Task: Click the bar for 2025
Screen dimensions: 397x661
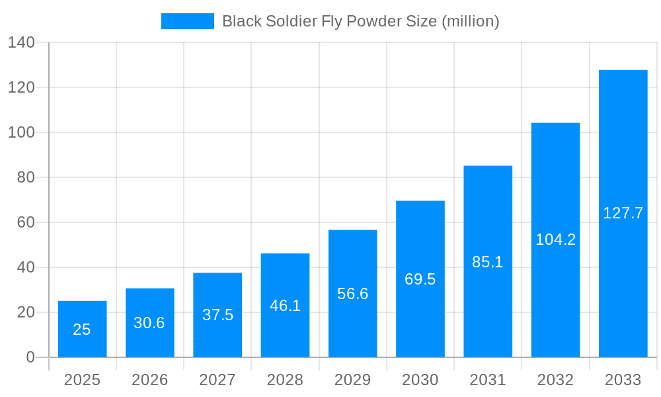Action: click(82, 329)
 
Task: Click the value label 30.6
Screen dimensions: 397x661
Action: click(149, 323)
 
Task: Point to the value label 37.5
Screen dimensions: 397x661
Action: click(217, 315)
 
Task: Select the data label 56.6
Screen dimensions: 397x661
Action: click(352, 294)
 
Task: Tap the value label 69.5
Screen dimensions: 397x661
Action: click(420, 279)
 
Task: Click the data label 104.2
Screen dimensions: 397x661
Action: click(555, 240)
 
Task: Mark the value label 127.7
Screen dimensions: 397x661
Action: click(623, 213)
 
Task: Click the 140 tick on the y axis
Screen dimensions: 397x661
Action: click(21, 42)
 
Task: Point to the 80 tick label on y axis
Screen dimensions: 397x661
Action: click(26, 177)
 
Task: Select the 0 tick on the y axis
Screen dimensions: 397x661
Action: click(30, 357)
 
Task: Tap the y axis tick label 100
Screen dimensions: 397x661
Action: click(21, 132)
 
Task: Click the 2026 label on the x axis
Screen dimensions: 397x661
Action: click(149, 380)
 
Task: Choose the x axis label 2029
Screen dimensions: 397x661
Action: click(352, 380)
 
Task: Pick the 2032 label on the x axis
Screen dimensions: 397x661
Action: click(555, 380)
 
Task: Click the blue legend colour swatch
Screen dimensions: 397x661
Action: click(188, 21)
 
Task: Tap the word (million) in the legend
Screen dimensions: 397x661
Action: click(470, 21)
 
